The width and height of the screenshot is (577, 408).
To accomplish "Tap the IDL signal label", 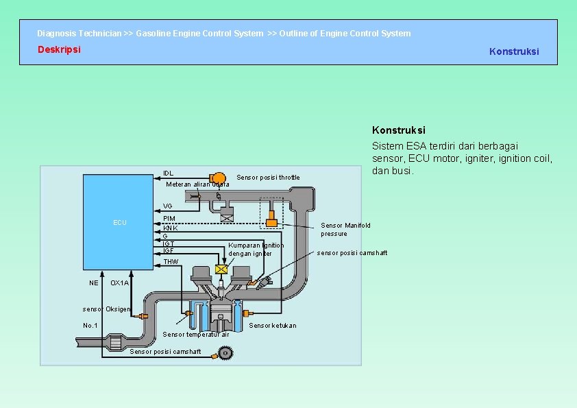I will pyautogui.click(x=168, y=173).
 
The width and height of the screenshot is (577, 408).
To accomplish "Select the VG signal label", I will pyautogui.click(x=168, y=206).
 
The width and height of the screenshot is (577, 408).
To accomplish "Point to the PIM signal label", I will pyautogui.click(x=169, y=219).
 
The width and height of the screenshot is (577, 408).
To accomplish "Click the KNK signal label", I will pyautogui.click(x=170, y=228).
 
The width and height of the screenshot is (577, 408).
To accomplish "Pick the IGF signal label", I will pyautogui.click(x=168, y=251).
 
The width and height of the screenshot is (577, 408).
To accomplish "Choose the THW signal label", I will pyautogui.click(x=171, y=262).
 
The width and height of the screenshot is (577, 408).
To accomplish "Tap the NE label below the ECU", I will pyautogui.click(x=93, y=283).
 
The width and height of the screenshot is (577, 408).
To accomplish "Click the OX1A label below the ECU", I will pyautogui.click(x=119, y=283).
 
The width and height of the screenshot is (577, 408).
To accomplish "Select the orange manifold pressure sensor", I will pyautogui.click(x=271, y=223).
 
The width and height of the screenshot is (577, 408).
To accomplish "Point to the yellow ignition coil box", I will pyautogui.click(x=221, y=270).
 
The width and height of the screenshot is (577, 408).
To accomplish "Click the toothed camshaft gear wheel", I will pyautogui.click(x=224, y=352).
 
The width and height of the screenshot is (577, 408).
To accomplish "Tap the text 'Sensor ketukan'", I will pyautogui.click(x=273, y=325).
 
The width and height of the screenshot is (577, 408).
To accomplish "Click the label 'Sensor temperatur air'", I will pyautogui.click(x=196, y=335).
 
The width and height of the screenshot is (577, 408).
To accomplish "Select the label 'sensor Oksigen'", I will pyautogui.click(x=106, y=309).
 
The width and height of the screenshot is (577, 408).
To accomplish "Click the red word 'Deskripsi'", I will pyautogui.click(x=59, y=49).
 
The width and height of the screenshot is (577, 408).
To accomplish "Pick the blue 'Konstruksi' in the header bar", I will pyautogui.click(x=514, y=51).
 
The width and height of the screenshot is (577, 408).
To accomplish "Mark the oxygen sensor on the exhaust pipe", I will pyautogui.click(x=143, y=316).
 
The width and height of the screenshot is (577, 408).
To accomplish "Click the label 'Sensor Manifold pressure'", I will pyautogui.click(x=345, y=229).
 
